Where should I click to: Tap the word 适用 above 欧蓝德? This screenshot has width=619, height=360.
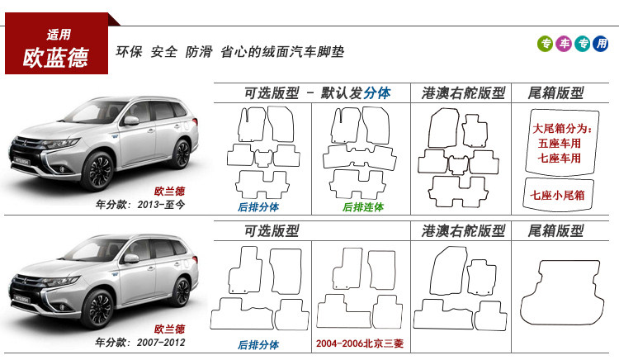tap(59, 34)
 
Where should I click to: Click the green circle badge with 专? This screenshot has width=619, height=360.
tap(546, 44)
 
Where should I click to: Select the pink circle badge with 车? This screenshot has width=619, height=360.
tap(564, 44)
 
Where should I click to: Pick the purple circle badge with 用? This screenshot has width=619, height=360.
tap(601, 44)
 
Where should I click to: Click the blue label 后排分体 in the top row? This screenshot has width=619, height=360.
tap(258, 206)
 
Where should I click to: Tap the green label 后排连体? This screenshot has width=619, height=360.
tap(363, 206)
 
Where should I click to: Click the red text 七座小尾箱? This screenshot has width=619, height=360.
tap(558, 195)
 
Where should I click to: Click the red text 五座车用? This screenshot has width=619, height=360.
tap(558, 143)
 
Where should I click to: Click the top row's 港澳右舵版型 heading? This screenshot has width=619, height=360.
tap(463, 92)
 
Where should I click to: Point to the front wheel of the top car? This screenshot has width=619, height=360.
tap(99, 171)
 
